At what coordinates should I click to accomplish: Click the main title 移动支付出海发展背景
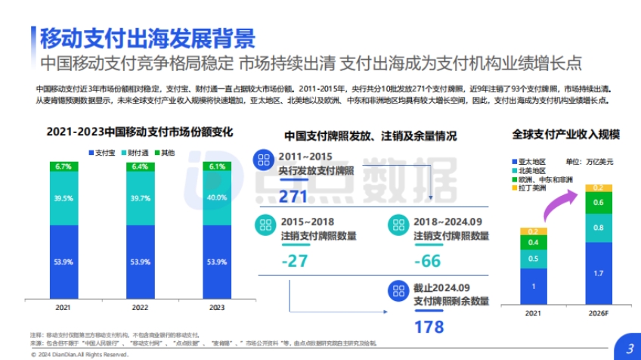tap(147, 36)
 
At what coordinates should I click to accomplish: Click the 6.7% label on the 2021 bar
tap(63, 166)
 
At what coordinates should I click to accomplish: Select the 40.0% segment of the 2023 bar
tap(216, 197)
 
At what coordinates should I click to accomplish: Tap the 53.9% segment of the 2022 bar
tap(140, 262)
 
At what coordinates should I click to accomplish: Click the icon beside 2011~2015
tap(264, 160)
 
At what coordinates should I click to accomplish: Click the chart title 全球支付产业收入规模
tap(565, 134)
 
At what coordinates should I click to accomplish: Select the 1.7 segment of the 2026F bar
tap(598, 272)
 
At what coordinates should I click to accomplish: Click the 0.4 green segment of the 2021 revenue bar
tap(533, 243)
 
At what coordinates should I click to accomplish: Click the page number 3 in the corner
tap(628, 348)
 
